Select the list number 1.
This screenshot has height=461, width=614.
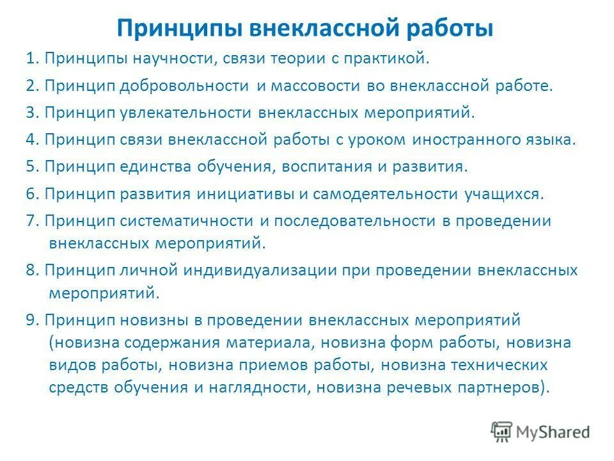(29, 59)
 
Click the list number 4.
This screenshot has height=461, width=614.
(29, 140)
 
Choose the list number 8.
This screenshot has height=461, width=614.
(29, 270)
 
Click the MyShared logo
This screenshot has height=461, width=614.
(540, 432)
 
